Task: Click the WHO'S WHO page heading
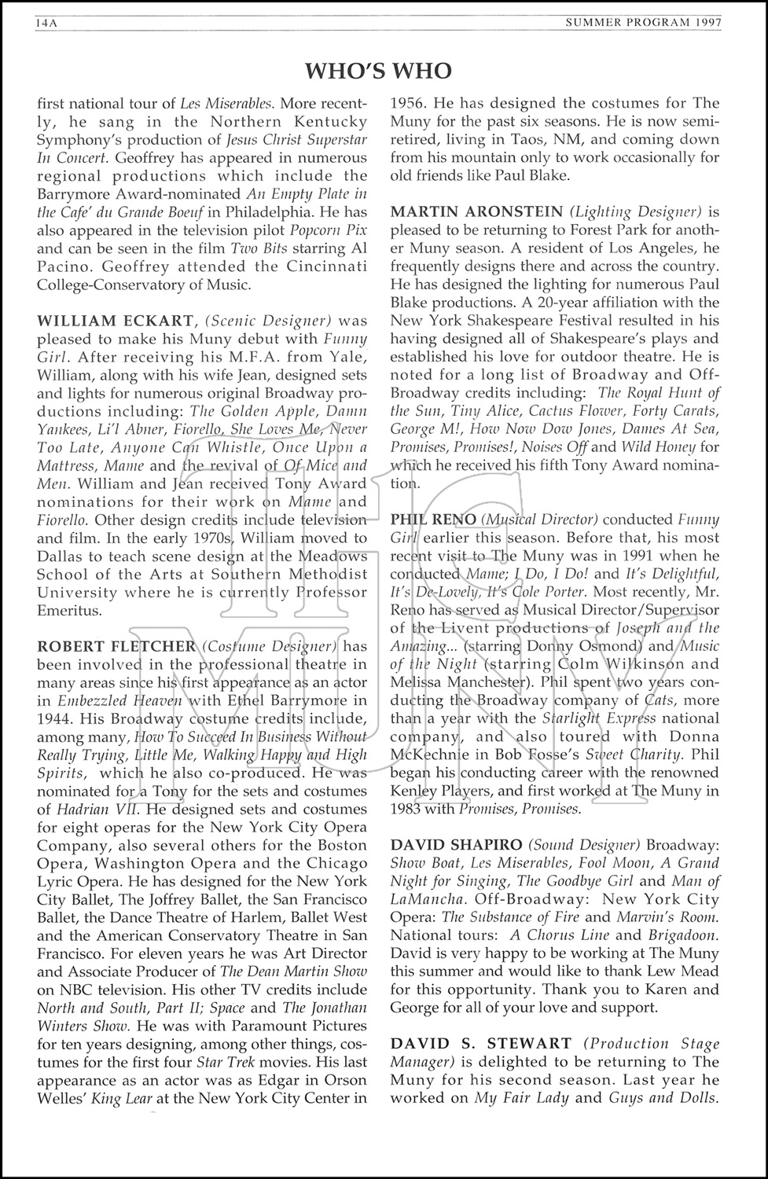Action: (x=378, y=72)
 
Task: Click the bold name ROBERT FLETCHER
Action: (x=116, y=646)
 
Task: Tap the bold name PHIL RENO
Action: (x=433, y=520)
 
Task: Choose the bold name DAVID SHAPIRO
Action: (x=456, y=845)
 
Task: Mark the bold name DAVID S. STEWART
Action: (x=481, y=1044)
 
